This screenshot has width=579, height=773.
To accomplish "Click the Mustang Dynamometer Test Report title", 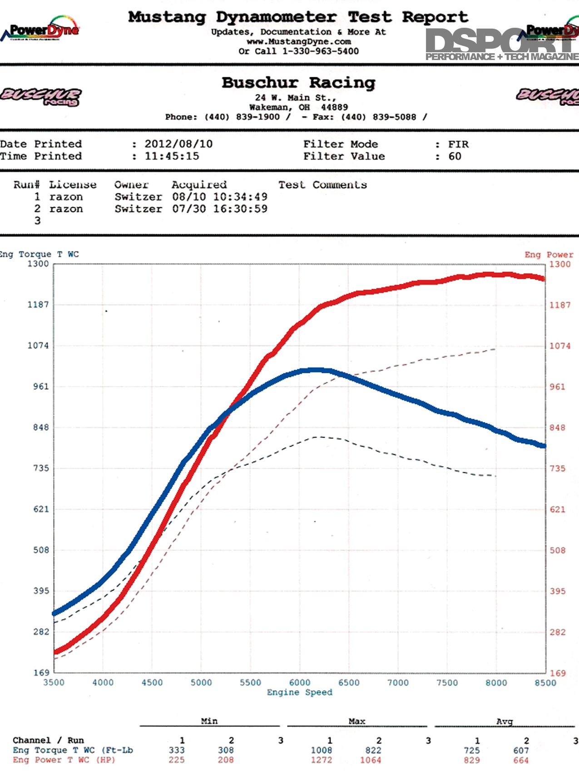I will (298, 17).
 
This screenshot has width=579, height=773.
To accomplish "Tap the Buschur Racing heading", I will (298, 83).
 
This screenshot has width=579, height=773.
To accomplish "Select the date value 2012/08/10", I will (178, 144).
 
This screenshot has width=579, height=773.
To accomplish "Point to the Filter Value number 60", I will (455, 156).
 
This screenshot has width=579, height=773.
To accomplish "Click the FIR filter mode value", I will (458, 144).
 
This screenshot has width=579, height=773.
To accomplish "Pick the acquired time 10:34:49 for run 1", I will (240, 197).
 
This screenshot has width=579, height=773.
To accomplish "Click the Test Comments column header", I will (322, 185).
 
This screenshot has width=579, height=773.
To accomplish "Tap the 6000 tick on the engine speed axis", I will (300, 683).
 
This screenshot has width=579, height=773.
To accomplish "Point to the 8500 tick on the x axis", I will (545, 683).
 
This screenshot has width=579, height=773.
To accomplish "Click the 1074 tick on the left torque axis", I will (38, 346).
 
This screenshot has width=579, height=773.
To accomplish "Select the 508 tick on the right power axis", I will (558, 550).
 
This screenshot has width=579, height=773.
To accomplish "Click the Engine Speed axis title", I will (300, 693).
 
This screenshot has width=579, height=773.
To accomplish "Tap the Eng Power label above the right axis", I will (549, 255).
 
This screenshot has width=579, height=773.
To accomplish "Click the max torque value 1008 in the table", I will (322, 750).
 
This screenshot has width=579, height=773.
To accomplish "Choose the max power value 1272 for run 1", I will (322, 760).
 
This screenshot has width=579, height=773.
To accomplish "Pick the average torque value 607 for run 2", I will (521, 750).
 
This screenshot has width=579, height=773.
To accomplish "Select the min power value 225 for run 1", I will (177, 760).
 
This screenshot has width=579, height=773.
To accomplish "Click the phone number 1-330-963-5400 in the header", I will (321, 51).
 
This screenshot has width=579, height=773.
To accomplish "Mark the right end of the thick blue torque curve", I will (544, 446).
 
